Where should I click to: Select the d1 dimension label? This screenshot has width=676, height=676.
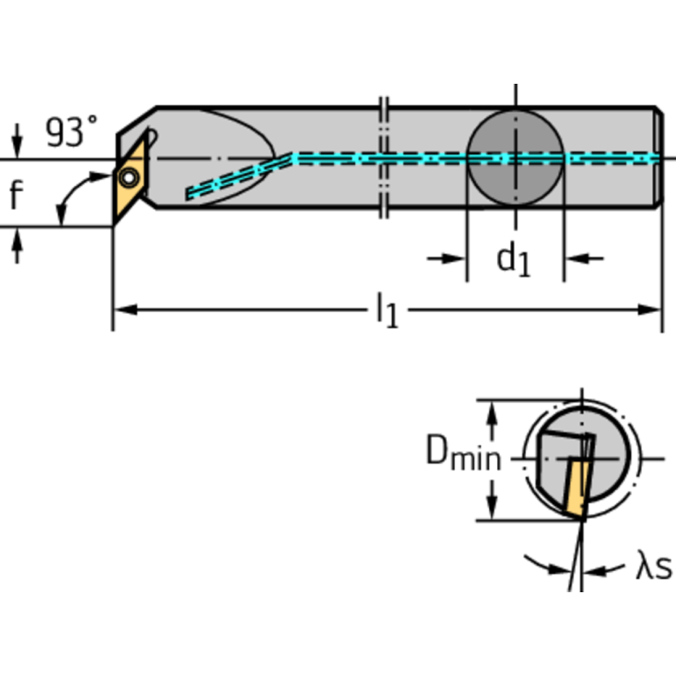coord(513,259)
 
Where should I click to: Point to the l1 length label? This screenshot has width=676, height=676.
coord(385,310)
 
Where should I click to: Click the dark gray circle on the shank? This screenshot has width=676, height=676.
coord(515,159)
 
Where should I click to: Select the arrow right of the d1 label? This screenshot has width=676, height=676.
coord(582,258)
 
